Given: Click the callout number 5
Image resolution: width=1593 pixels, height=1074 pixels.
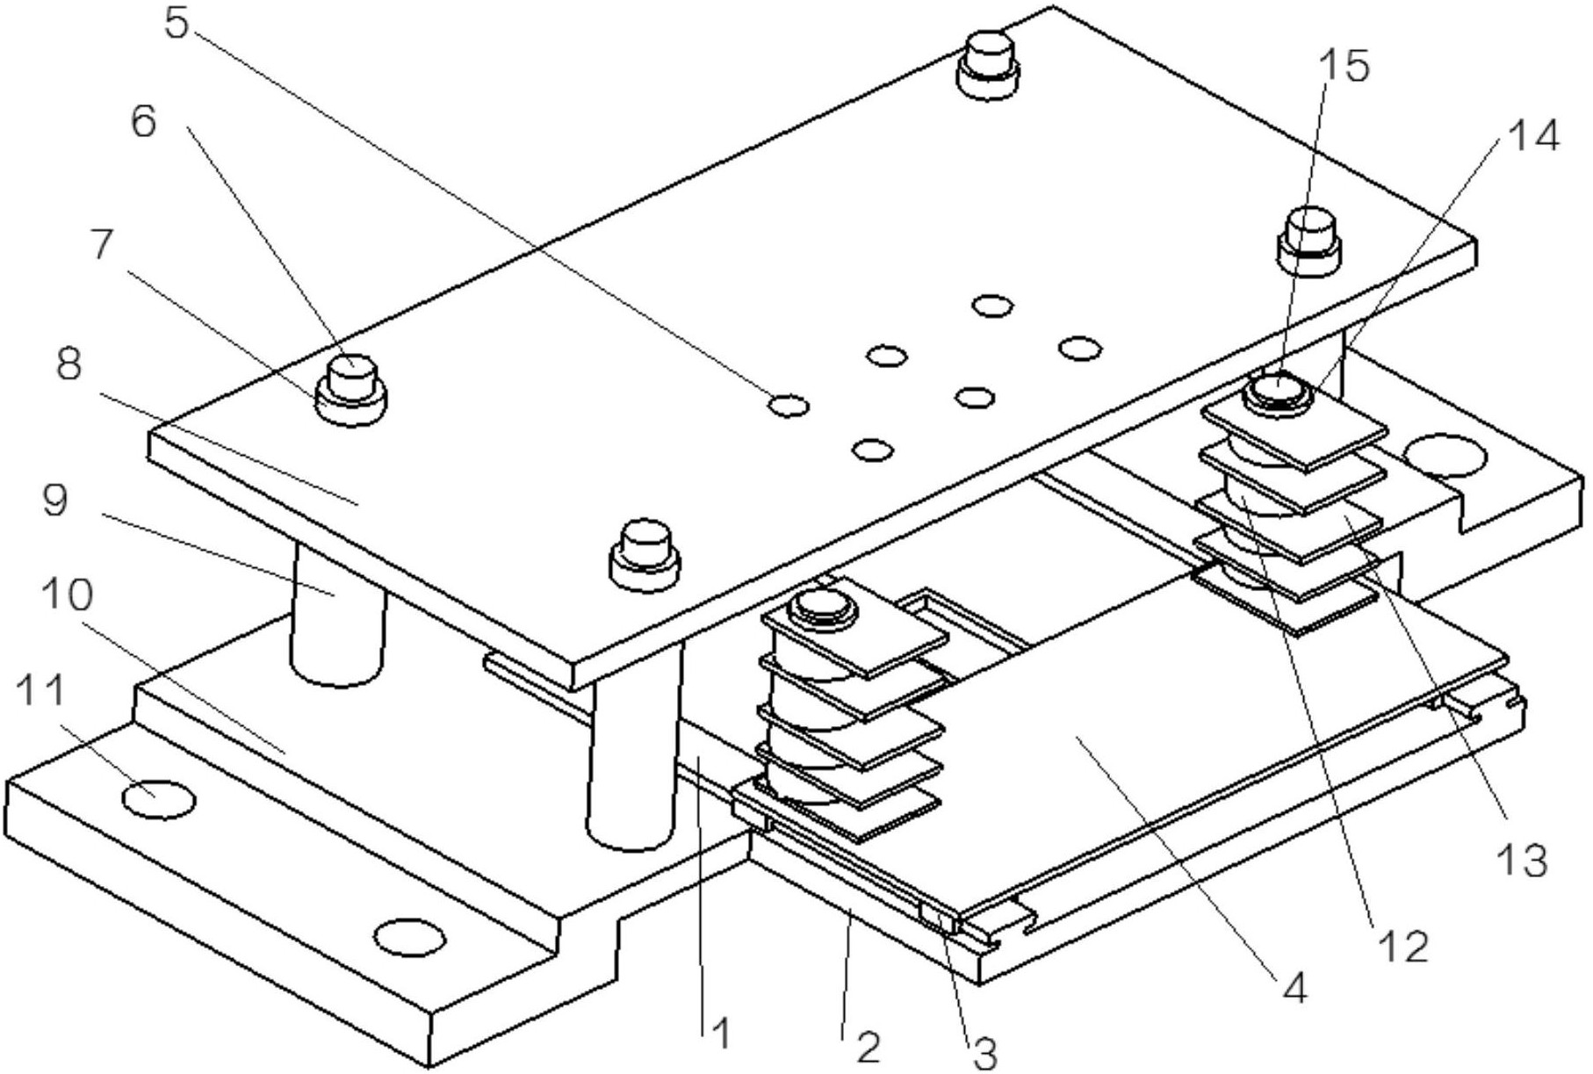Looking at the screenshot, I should [177, 24].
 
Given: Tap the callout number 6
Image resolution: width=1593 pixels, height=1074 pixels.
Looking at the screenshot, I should [143, 121].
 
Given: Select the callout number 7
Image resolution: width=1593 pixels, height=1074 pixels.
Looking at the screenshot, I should [102, 245].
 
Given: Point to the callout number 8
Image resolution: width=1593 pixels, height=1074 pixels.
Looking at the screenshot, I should [69, 362].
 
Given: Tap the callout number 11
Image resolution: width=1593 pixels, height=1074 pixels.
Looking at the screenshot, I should [42, 691].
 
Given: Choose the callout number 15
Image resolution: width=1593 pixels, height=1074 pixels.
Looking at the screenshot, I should [1344, 65].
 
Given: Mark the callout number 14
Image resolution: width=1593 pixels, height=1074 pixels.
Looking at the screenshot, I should [1532, 136].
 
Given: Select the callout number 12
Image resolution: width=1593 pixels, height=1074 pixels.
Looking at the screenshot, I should [1403, 946].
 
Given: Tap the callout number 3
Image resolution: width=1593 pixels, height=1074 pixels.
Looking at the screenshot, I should [985, 1054].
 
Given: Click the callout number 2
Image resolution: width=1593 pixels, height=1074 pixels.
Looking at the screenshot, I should [867, 1047].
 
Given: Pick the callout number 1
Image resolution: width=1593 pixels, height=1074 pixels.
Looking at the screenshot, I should [721, 1034].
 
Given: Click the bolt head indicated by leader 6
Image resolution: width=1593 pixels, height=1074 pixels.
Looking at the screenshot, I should [352, 377].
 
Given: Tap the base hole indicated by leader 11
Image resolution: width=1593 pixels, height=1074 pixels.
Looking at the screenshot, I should [158, 798].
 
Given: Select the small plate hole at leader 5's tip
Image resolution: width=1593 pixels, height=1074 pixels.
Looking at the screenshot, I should [788, 405].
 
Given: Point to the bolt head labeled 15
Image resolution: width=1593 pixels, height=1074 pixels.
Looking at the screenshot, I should [1278, 388].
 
